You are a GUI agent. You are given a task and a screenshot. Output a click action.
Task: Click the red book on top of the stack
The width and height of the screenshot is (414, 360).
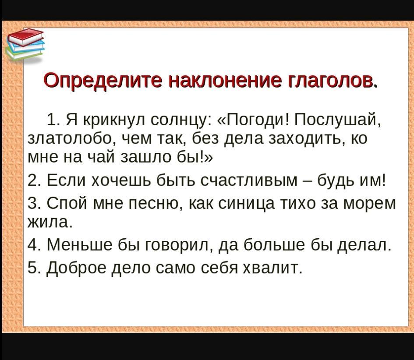(25, 36)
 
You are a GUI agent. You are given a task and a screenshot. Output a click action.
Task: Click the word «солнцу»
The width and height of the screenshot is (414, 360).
(179, 120)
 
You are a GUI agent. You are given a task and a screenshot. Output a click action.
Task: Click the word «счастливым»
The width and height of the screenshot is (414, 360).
(249, 180)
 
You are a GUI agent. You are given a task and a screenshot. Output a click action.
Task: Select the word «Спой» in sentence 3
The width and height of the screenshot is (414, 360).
(67, 203)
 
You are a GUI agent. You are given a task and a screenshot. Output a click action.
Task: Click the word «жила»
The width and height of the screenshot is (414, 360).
(50, 222)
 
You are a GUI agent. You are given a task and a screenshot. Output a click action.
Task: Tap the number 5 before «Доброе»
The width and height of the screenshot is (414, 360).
(32, 268)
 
